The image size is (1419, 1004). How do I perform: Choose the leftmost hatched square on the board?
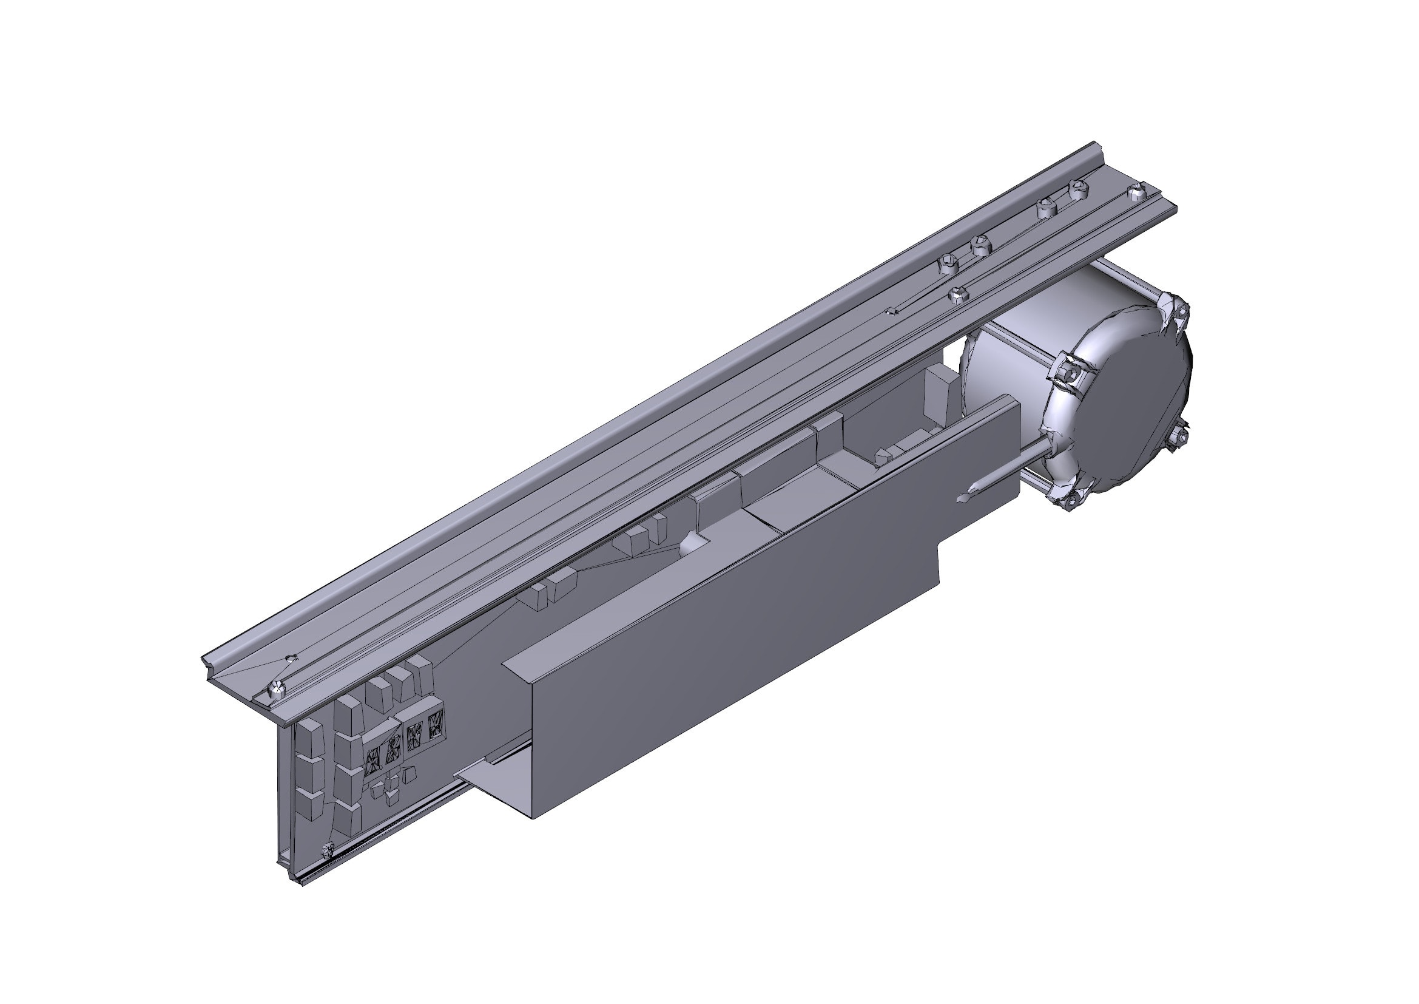click(x=372, y=759)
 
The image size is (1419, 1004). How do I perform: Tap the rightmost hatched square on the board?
click(x=435, y=725)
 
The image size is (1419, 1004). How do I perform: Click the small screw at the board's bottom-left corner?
click(x=328, y=850)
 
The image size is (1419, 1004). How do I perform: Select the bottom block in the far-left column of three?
click(x=311, y=804)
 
